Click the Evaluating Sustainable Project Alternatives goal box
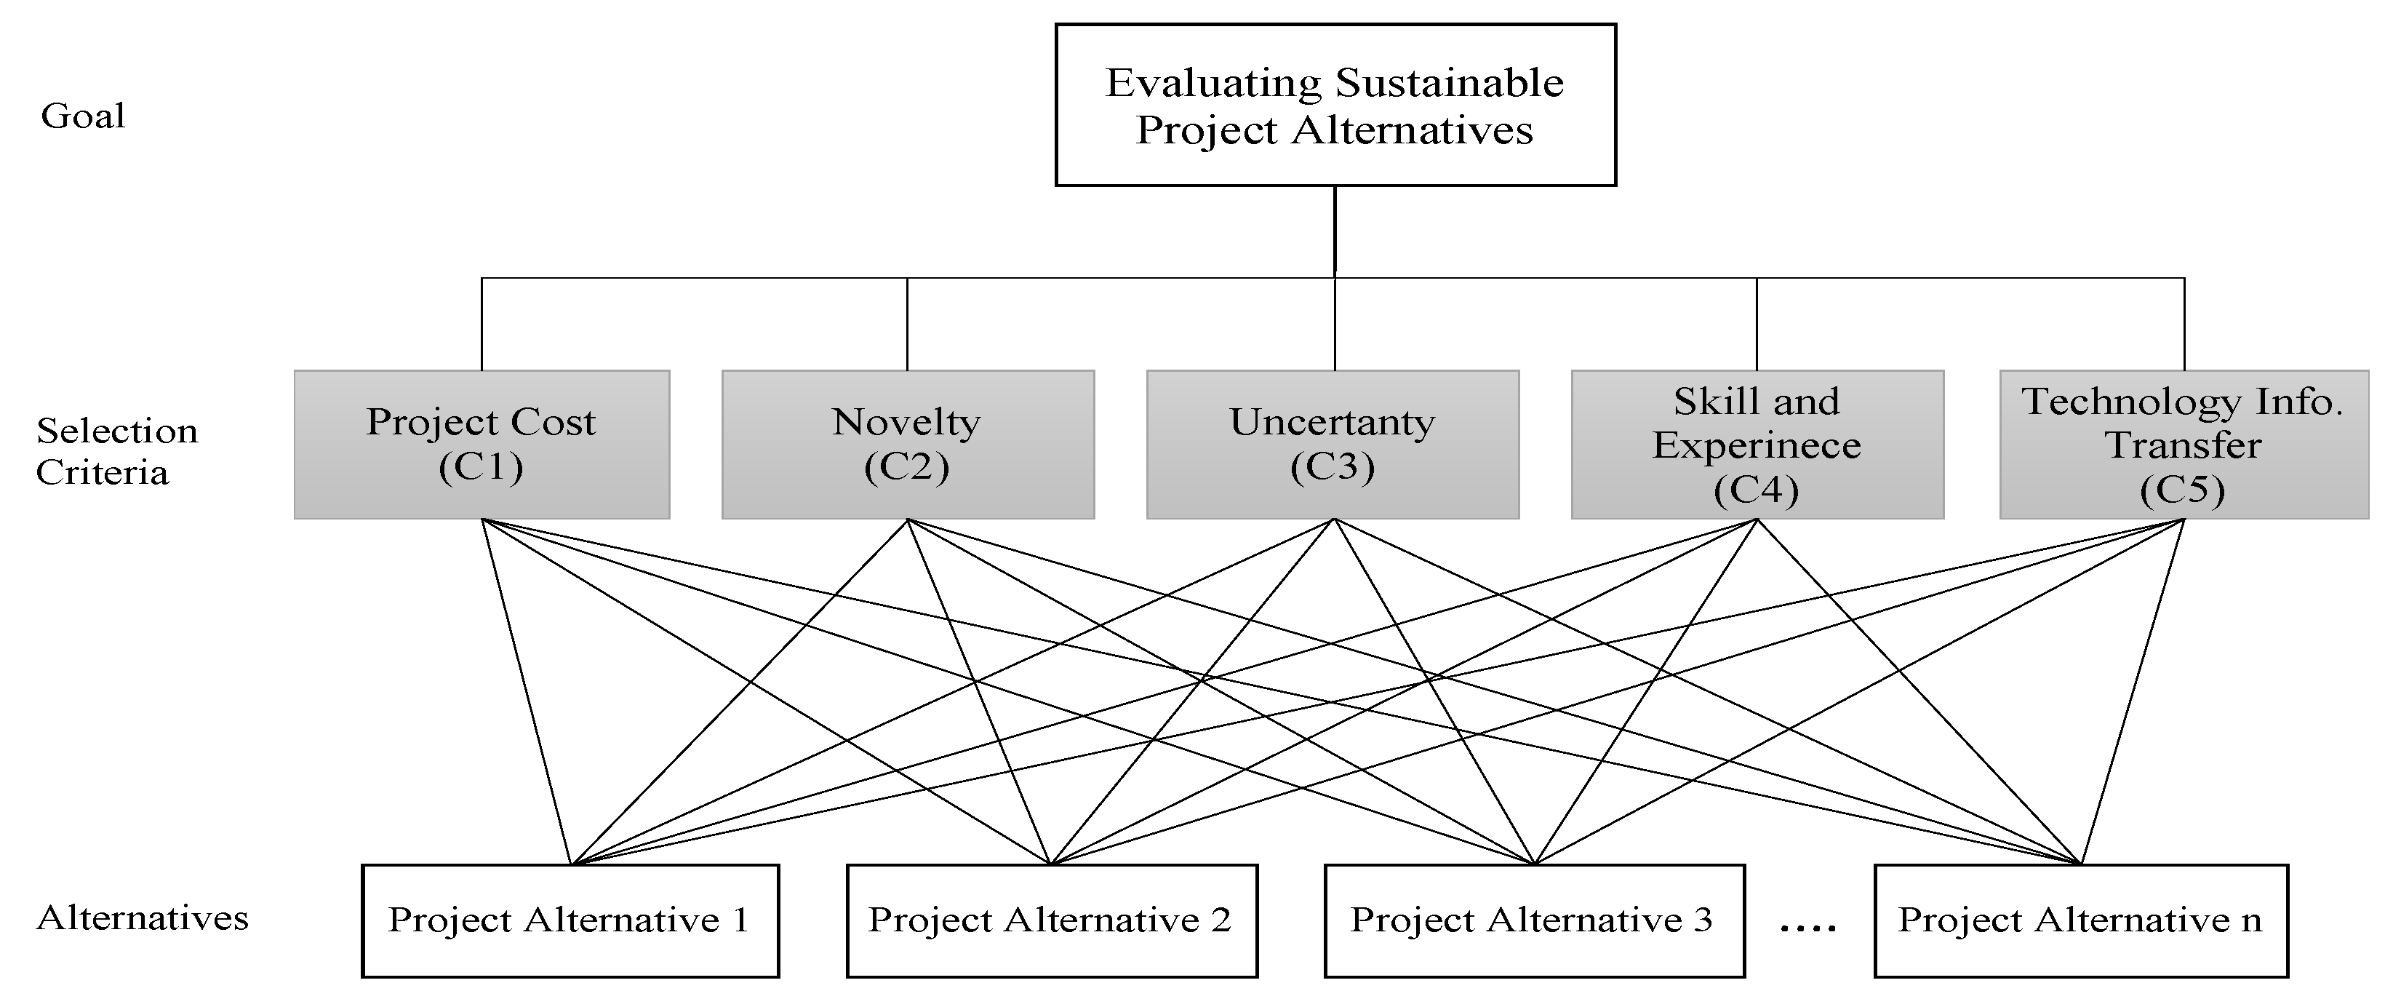coord(1334,105)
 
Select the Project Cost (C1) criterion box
coord(481,444)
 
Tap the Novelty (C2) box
coord(907,444)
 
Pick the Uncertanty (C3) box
coord(1332,444)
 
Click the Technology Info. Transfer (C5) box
coord(2183,444)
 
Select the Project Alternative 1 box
coord(570,920)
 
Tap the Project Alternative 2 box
coord(1050,920)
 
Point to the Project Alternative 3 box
coord(1533,920)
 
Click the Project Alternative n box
coord(2080,920)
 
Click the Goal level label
coord(83,116)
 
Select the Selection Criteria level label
coord(116,451)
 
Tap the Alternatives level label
coord(142,918)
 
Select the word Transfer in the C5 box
coord(2183,445)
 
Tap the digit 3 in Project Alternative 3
coord(1703,920)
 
